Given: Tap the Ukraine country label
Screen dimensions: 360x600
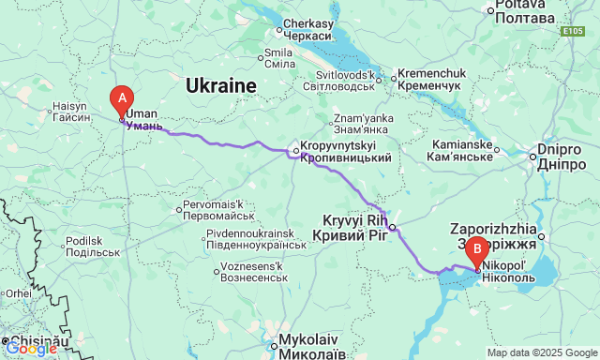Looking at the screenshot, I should pyautogui.click(x=220, y=86).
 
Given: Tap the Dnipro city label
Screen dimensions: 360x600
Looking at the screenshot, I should pyautogui.click(x=562, y=157).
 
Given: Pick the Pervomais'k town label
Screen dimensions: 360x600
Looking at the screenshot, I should pyautogui.click(x=215, y=210).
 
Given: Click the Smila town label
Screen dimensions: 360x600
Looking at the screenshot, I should pyautogui.click(x=279, y=58).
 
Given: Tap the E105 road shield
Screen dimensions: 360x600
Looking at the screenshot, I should pyautogui.click(x=575, y=31).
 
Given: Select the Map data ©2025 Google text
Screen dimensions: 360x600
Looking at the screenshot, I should pyautogui.click(x=542, y=352).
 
